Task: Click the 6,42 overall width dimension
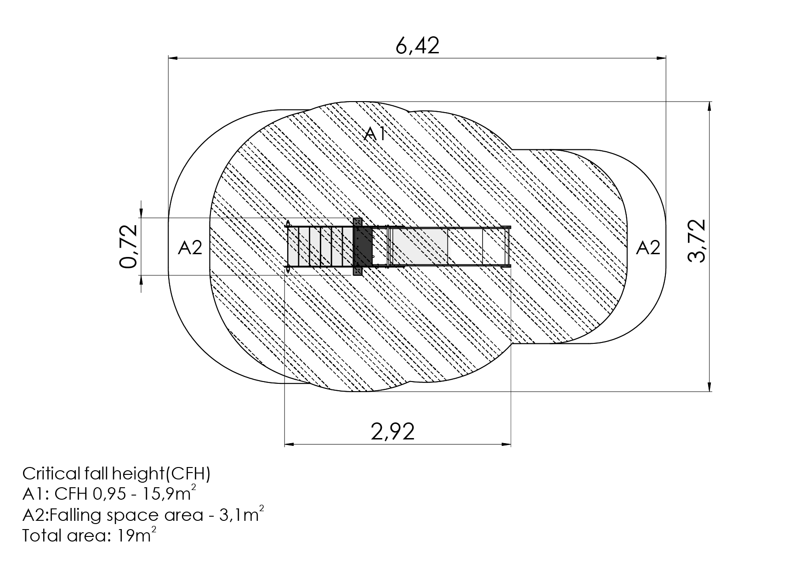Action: tap(417, 46)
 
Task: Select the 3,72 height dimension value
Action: tap(697, 241)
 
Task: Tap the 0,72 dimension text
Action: tap(128, 246)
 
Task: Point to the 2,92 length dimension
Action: tap(393, 432)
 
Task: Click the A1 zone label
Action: tap(375, 134)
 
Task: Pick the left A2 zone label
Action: tap(190, 248)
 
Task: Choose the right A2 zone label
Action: tap(648, 248)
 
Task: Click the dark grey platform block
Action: tap(363, 247)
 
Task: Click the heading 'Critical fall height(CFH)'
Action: tap(116, 474)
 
